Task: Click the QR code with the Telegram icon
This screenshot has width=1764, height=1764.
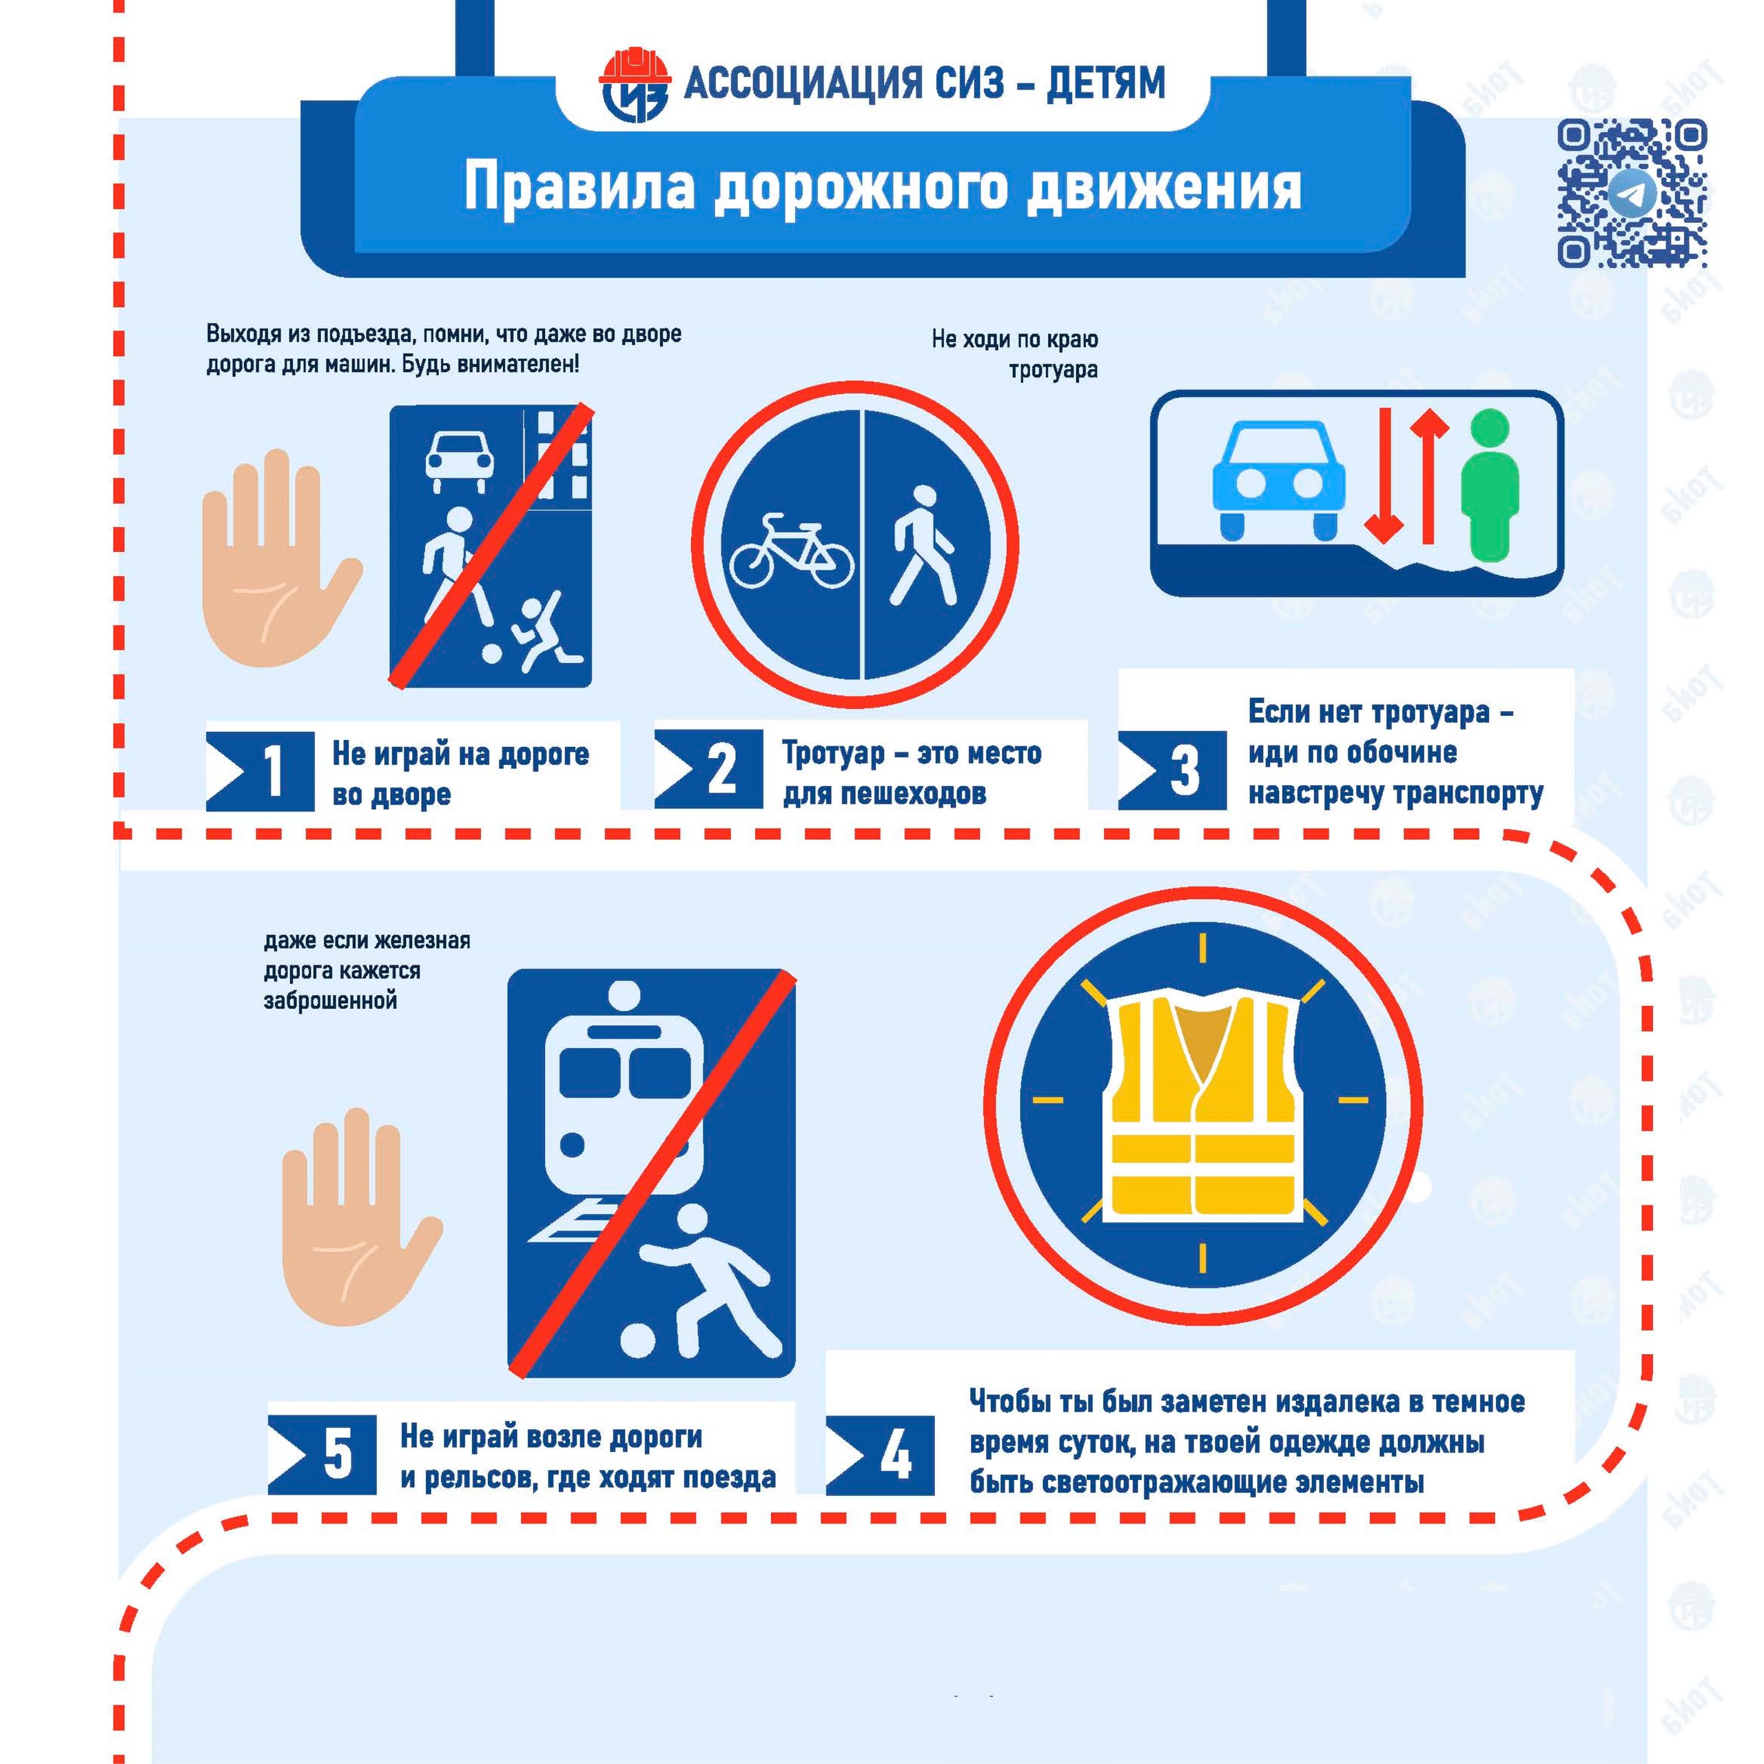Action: point(1632,194)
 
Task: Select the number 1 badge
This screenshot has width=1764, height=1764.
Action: point(260,770)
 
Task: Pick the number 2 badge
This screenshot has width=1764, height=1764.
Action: point(708,769)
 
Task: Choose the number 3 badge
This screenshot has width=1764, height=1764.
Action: point(1172,770)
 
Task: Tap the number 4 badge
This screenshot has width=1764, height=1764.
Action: point(880,1455)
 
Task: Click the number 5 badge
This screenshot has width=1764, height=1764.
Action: point(322,1455)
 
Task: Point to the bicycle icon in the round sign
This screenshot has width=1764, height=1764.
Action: point(792,551)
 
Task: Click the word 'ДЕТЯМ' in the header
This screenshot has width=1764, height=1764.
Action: point(1106,83)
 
